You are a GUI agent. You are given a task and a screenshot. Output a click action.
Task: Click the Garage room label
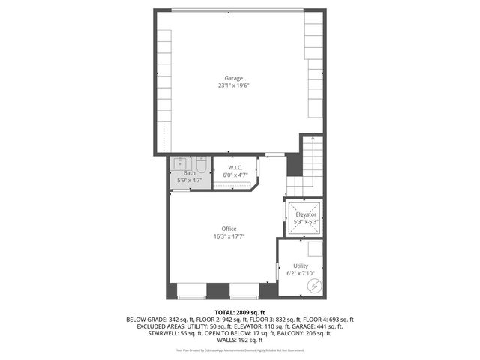[x=234, y=78]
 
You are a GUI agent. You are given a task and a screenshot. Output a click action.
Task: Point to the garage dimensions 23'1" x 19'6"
[x=234, y=85]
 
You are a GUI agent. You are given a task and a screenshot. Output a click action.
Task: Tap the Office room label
[x=229, y=229]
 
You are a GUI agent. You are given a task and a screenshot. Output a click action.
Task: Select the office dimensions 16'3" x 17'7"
[x=229, y=236]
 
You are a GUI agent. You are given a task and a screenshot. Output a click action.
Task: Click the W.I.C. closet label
[x=235, y=167]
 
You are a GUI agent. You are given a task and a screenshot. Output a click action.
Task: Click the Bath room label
[x=190, y=173]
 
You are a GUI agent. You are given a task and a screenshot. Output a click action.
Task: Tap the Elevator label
[x=305, y=215]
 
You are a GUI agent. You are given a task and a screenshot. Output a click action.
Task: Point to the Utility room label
[x=301, y=265]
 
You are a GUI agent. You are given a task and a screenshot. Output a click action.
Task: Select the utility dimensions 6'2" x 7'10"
[x=301, y=273]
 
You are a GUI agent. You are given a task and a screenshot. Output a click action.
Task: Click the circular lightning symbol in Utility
[x=315, y=286]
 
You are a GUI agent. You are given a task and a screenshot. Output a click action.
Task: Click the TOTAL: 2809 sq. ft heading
[x=240, y=312]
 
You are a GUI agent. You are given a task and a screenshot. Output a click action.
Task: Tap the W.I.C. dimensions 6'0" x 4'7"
[x=235, y=175]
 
